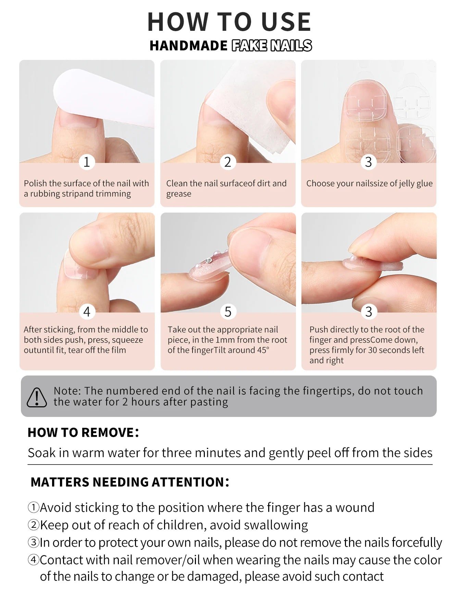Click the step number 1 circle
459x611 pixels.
(x=87, y=162)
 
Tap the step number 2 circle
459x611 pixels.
(x=228, y=162)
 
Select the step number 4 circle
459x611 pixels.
(x=87, y=311)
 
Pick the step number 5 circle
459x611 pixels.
(x=228, y=311)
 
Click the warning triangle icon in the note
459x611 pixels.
(x=37, y=397)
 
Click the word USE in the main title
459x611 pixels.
(x=286, y=22)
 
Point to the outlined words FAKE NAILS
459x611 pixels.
(x=272, y=46)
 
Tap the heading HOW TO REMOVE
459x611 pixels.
(x=83, y=432)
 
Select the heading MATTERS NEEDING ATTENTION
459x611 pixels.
(x=129, y=482)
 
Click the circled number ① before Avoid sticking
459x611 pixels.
(x=34, y=507)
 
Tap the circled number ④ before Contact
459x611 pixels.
(x=34, y=560)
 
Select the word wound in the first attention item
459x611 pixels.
(x=355, y=508)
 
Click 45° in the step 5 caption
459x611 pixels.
(x=263, y=350)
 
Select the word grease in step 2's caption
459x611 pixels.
(x=179, y=194)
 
